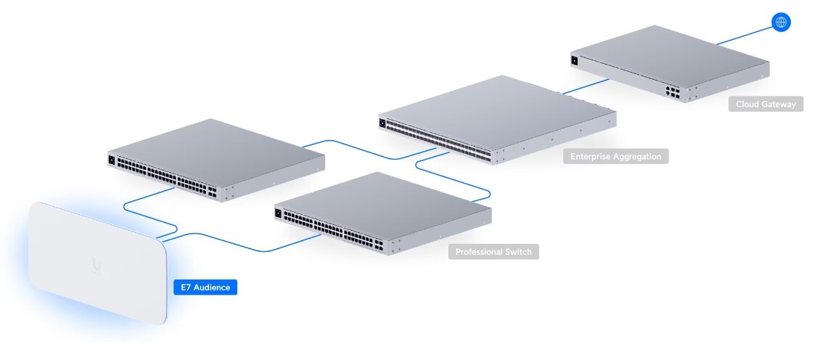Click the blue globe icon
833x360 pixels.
click(x=781, y=22)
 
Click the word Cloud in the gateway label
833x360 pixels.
click(x=747, y=105)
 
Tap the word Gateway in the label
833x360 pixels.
click(x=778, y=105)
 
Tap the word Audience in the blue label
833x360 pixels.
click(x=212, y=288)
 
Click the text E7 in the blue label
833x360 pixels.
click(x=186, y=288)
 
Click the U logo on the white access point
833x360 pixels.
click(x=97, y=265)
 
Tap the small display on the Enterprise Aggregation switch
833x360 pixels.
click(x=382, y=123)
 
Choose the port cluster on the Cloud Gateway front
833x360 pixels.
click(x=672, y=91)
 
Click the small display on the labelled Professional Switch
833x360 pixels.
click(x=279, y=213)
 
